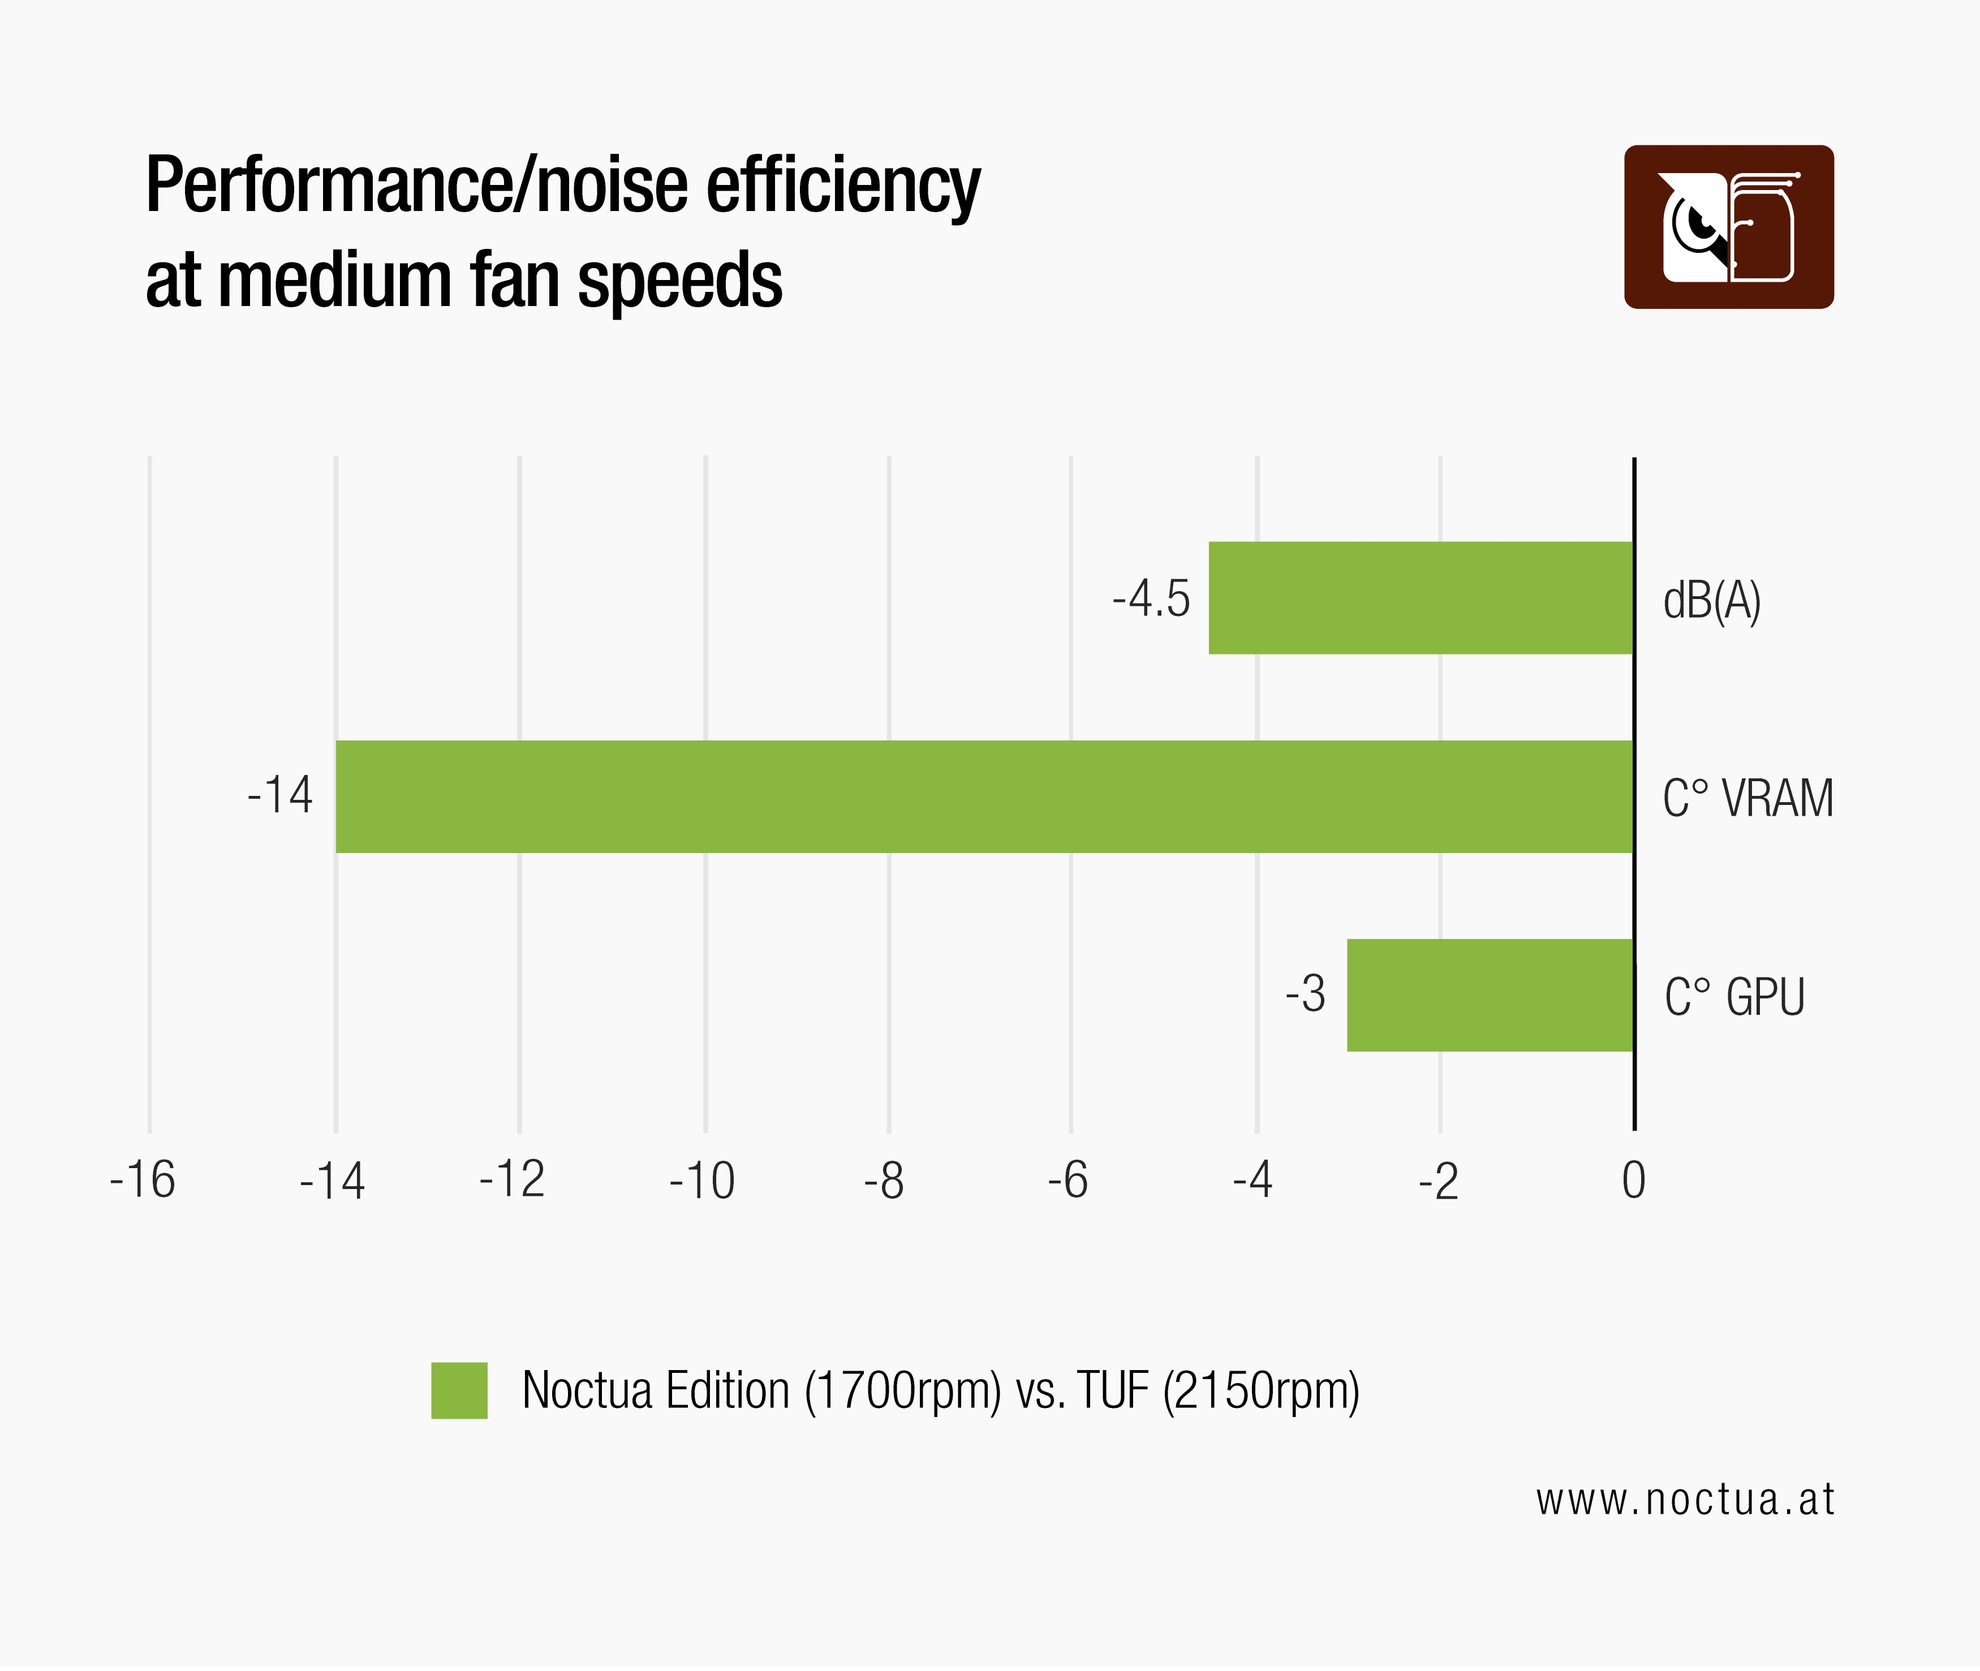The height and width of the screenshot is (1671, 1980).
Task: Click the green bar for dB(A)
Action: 1421,598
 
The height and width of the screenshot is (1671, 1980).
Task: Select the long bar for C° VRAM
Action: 985,796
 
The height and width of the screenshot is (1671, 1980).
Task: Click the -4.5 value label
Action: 1151,600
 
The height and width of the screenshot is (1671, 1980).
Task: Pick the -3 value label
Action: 1306,994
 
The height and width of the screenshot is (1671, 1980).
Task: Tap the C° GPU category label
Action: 1734,997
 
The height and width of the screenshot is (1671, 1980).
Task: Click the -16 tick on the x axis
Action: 143,1181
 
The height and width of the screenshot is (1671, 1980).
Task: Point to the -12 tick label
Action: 513,1181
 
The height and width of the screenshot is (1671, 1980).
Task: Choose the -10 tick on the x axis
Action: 702,1181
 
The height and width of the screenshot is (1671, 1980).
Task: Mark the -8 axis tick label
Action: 884,1181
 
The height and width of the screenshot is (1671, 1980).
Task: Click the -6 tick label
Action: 1068,1181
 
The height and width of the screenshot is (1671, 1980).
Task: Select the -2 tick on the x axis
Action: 1438,1181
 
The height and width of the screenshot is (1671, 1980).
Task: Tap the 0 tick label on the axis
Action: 1633,1181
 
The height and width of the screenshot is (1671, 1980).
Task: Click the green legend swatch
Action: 459,1390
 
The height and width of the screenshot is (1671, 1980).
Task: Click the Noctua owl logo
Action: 1729,227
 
